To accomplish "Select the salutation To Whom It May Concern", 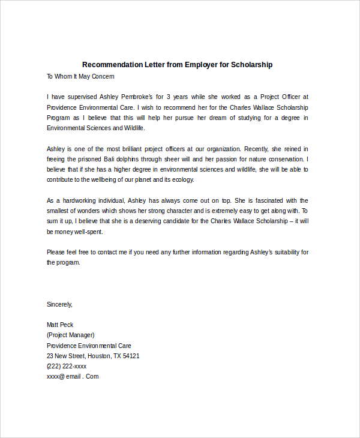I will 80,77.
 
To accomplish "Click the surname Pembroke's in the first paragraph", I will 140,97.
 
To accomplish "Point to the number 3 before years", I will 169,97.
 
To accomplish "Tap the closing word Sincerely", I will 59,304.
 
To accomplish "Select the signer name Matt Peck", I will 60,325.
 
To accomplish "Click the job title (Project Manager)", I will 71,335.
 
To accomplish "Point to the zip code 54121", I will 131,356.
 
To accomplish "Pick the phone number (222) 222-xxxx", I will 67,366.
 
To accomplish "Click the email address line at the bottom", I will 73,377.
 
